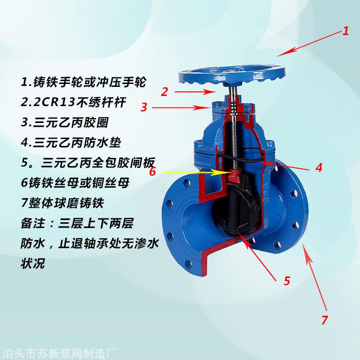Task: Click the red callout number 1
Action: [x=345, y=31]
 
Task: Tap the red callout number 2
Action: [x=164, y=92]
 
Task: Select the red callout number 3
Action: [x=144, y=107]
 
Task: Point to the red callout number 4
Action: [x=319, y=168]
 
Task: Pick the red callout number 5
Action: [x=287, y=281]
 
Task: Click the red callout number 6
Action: [x=153, y=171]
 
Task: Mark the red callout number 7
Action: [x=324, y=320]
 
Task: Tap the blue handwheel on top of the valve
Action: [x=232, y=76]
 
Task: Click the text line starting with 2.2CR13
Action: [x=73, y=102]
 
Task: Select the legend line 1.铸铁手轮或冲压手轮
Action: [x=84, y=82]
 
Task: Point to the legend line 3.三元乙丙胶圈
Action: [x=65, y=122]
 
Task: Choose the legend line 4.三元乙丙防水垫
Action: [x=71, y=143]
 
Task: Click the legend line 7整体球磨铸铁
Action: [x=62, y=203]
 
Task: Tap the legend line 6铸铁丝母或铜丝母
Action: [x=75, y=183]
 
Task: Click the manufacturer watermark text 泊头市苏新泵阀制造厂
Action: [x=59, y=354]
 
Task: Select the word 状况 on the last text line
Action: [x=33, y=264]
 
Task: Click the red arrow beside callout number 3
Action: [x=181, y=108]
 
